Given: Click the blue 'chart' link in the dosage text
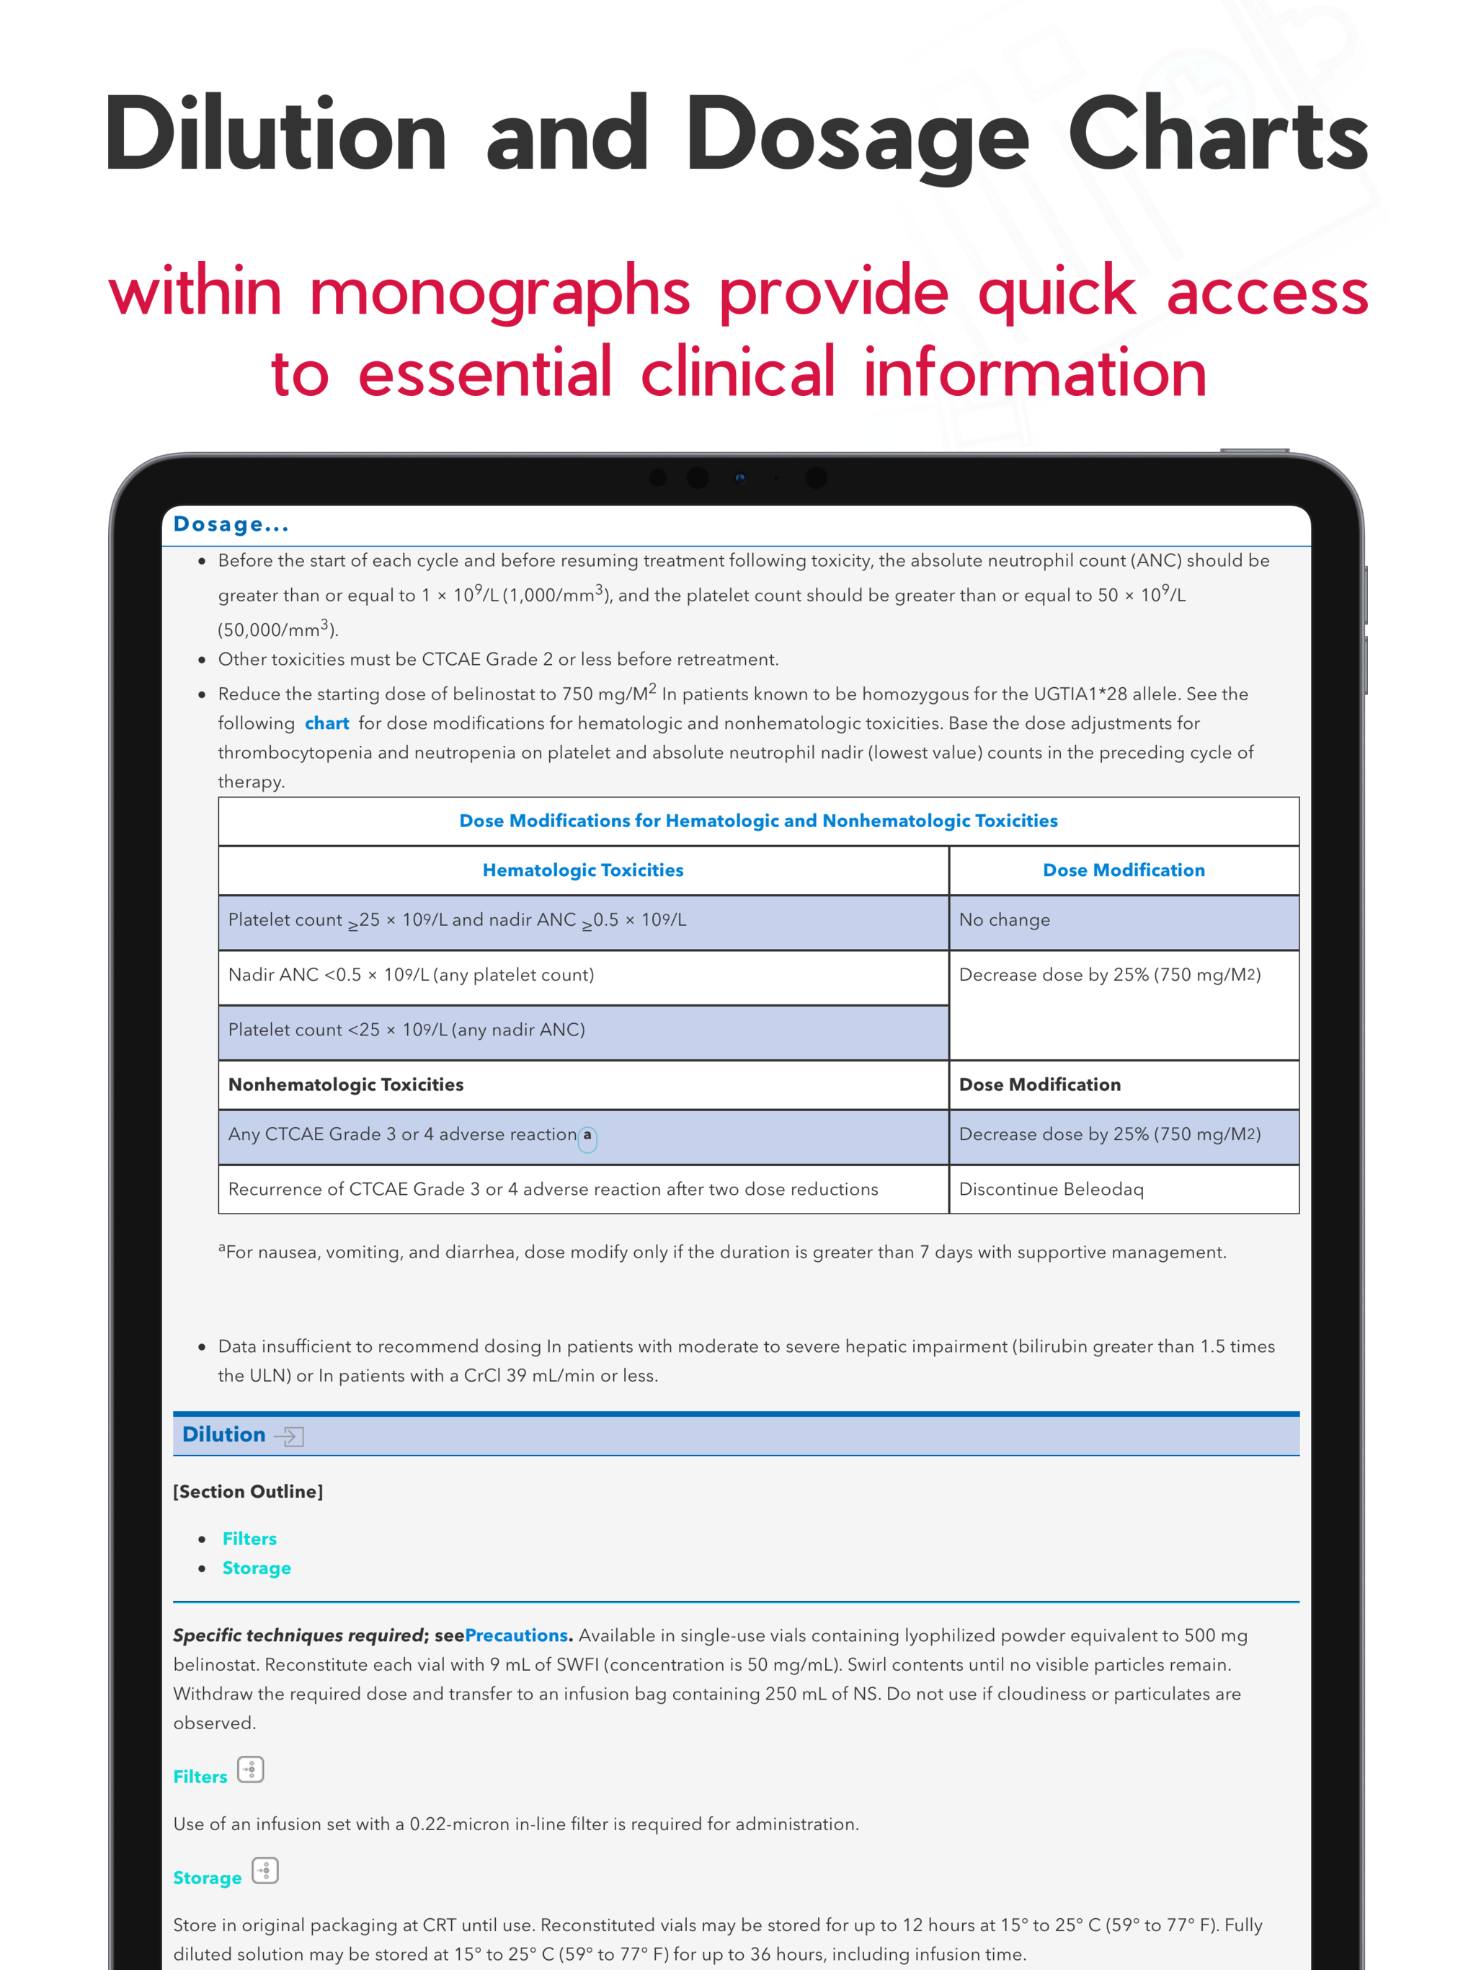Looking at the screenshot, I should tap(326, 723).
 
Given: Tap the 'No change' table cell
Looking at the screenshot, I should tap(1004, 920).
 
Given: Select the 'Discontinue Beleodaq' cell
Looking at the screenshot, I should tap(1051, 1189).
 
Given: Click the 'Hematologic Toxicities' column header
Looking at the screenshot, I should tap(582, 870).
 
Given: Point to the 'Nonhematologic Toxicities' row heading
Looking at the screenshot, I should tap(345, 1085).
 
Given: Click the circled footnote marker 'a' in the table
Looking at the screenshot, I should tap(587, 1136).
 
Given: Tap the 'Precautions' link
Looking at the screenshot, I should tap(516, 1635).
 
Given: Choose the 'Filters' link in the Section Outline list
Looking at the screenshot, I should tap(249, 1539).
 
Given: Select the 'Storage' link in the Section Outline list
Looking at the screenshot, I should tap(257, 1568).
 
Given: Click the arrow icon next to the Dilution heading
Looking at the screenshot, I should tap(289, 1436).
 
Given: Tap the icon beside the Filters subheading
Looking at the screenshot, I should tap(251, 1770).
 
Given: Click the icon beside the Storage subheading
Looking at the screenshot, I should tap(265, 1870).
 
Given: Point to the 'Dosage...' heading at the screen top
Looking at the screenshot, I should tap(231, 524).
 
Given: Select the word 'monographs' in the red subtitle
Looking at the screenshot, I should tap(499, 292).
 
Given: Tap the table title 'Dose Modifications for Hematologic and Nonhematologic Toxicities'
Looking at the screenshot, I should tap(757, 821).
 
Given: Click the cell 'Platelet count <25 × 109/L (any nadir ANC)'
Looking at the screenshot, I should tap(406, 1030).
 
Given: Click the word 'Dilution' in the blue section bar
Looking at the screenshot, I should tap(223, 1435).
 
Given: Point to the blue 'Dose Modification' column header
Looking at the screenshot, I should tap(1124, 870).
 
